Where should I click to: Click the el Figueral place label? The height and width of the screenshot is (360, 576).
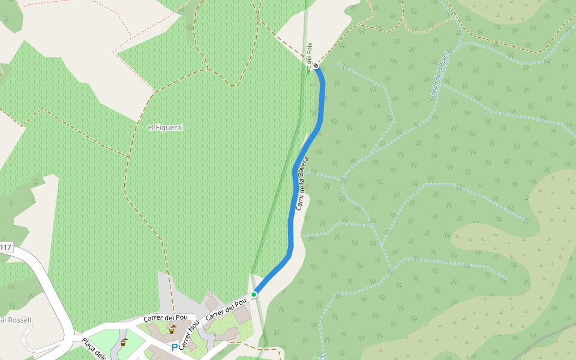pos(165,127)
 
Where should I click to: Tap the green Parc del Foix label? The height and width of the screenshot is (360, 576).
pos(309,59)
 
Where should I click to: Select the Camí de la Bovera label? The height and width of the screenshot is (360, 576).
pos(302,184)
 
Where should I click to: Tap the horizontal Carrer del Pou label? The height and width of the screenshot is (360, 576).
pos(166,317)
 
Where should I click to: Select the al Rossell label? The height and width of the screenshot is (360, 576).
pos(16,320)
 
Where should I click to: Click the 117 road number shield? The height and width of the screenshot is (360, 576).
pos(6,247)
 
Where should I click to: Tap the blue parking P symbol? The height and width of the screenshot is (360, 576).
pos(175,347)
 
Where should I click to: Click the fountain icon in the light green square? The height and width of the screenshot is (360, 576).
pos(123,342)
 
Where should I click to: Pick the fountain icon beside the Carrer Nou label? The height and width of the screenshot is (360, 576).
pos(172,329)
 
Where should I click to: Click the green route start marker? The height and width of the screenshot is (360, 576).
pos(254,295)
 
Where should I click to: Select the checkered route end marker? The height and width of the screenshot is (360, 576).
pos(316,66)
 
